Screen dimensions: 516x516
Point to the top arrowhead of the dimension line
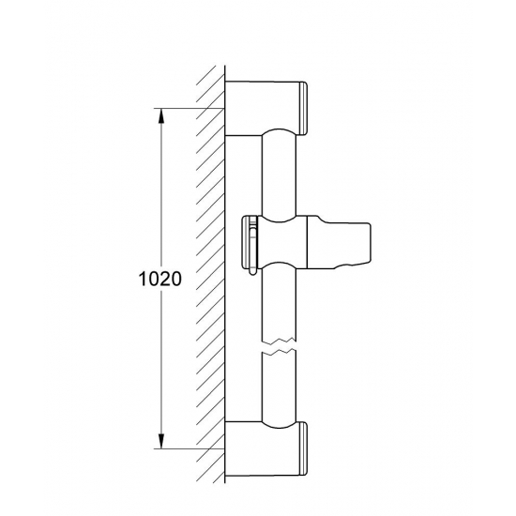(x=162, y=114)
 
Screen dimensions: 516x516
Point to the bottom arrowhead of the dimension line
(x=162, y=443)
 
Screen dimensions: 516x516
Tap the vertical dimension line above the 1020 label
(x=162, y=188)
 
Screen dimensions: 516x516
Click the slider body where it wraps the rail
(x=281, y=240)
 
